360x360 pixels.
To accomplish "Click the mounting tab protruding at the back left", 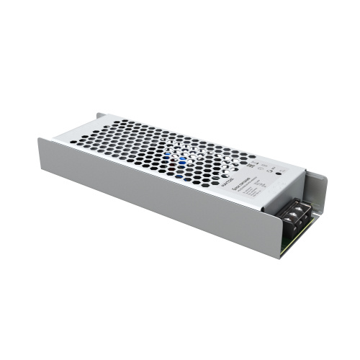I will tap(100, 114).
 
